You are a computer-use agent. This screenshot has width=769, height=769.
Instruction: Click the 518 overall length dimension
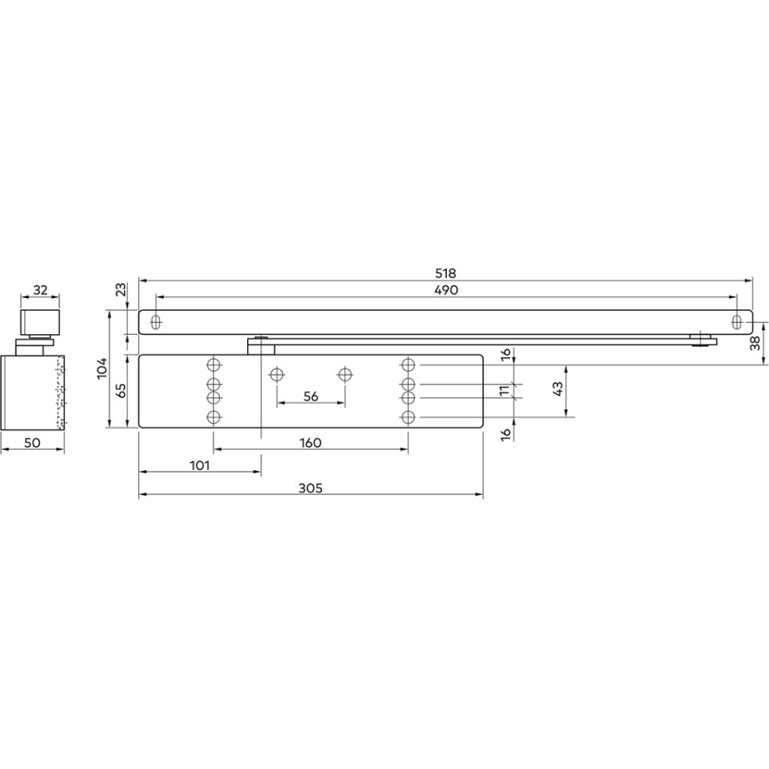tap(446, 273)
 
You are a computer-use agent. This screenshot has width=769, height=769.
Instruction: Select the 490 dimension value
tap(446, 290)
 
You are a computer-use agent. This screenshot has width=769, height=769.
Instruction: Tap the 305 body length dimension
tap(312, 488)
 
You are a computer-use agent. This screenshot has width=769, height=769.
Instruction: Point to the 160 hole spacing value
tap(310, 442)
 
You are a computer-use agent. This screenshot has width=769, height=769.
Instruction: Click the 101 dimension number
tap(199, 464)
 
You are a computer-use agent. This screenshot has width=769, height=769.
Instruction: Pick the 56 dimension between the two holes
tap(311, 396)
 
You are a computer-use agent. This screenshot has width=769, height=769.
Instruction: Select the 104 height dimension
tap(102, 369)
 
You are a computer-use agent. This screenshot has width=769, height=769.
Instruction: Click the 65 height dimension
tap(121, 392)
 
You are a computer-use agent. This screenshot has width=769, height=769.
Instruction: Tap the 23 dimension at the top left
tap(121, 290)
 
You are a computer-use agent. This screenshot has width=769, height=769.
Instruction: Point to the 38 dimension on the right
tap(755, 344)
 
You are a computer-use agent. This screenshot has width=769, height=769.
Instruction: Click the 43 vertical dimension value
tap(557, 389)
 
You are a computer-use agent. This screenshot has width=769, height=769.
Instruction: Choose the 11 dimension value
tap(504, 390)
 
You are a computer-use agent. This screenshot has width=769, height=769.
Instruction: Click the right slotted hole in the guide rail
tap(737, 321)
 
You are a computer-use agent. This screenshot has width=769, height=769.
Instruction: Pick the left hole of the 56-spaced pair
tap(277, 373)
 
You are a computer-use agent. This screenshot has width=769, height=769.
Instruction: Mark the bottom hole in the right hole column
tap(408, 417)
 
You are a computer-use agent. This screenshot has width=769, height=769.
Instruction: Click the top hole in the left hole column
tap(213, 365)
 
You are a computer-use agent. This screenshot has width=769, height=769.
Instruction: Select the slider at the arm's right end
tap(702, 340)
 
